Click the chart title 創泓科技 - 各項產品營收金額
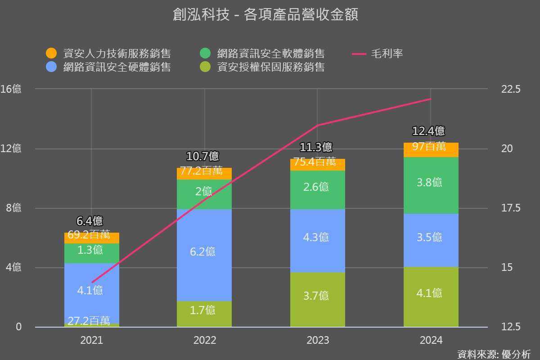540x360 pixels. (265, 15)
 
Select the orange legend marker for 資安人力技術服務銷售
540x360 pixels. (51, 54)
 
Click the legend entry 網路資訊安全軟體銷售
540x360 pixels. (270, 54)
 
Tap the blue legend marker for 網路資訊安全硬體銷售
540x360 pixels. (51, 67)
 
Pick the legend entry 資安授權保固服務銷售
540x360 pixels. (270, 67)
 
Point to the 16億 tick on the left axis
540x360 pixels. (11, 89)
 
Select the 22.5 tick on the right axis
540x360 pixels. (510, 89)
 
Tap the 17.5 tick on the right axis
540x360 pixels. (510, 208)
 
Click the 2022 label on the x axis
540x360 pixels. (205, 340)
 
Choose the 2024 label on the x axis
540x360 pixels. (431, 340)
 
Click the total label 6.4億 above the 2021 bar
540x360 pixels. (90, 221)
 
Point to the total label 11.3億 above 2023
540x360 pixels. (316, 147)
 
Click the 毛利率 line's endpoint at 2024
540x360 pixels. (431, 99)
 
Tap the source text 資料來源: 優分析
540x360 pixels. (494, 354)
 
